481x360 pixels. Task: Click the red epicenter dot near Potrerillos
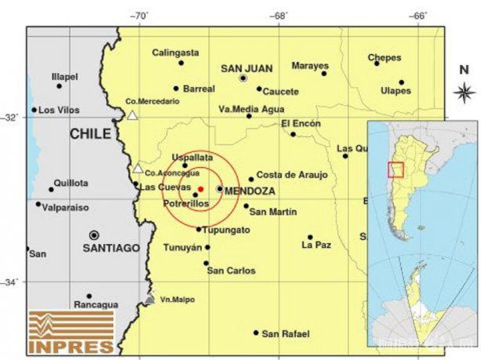pos(201,189)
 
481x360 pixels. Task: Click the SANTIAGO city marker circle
pos(94,235)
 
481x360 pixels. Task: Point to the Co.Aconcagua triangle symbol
pos(138,168)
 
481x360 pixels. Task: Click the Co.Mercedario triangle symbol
pos(133,115)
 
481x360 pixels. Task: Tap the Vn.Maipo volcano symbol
pos(150,299)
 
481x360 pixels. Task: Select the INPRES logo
pos(71,332)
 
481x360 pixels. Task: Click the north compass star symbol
pos(463,93)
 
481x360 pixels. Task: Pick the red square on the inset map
pos(396,169)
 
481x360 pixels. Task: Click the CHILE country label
pos(90,134)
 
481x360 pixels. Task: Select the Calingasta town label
pos(175,53)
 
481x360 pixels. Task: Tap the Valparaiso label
pos(66,208)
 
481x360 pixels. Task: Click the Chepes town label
pos(384,57)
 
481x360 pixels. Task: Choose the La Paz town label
pos(316,245)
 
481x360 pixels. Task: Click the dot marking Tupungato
pos(199,229)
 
